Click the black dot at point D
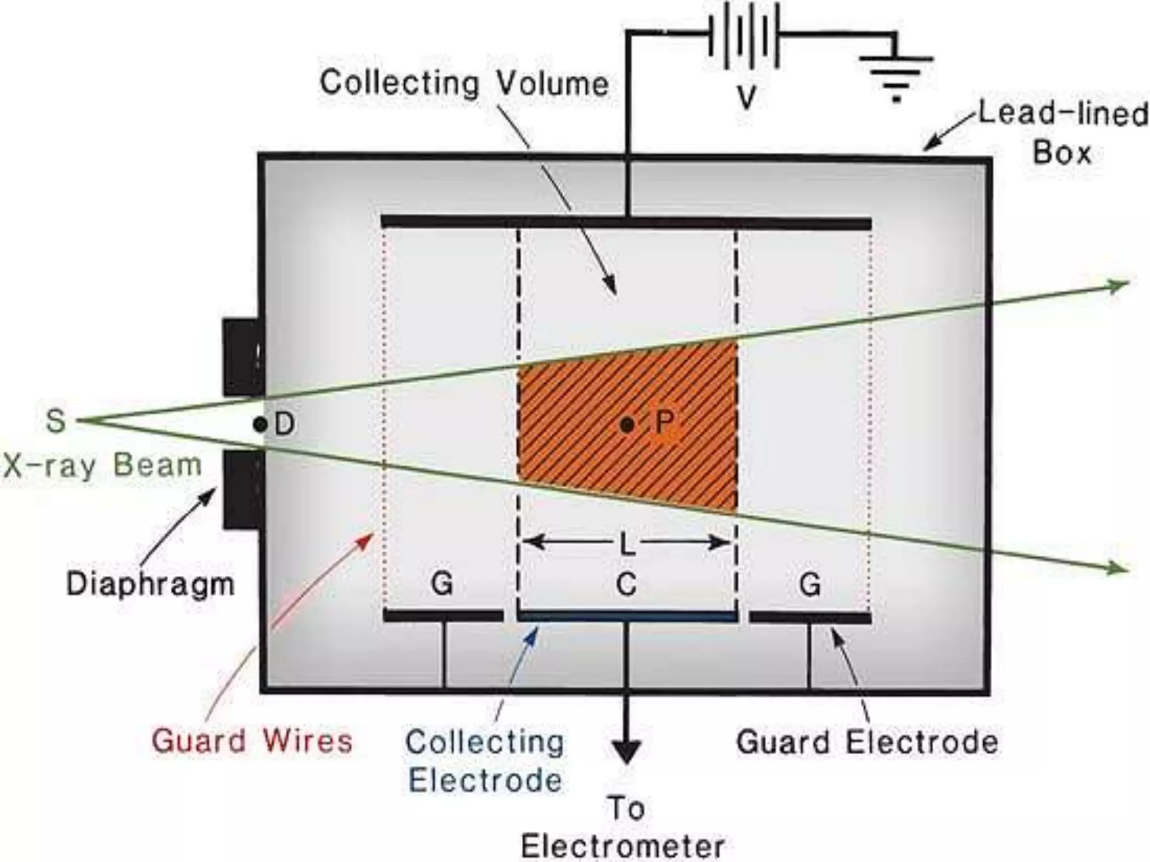(259, 425)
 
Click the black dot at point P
(627, 425)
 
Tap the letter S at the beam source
(56, 420)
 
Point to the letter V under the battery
(747, 98)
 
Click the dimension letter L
(627, 544)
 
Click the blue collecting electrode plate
(627, 617)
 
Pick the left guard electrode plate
(443, 616)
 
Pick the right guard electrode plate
(810, 618)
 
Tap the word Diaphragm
(150, 584)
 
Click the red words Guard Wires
(252, 740)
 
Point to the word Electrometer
(623, 846)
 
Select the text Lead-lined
(1064, 114)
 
